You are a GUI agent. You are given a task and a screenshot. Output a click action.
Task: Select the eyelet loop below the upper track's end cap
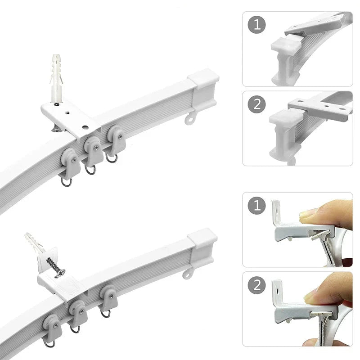point(191,119)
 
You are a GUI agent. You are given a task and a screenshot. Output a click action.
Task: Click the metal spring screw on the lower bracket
point(55,266)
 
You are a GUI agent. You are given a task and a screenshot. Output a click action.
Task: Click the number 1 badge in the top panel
point(256,25)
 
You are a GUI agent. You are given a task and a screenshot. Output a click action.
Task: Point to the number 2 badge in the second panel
point(256,104)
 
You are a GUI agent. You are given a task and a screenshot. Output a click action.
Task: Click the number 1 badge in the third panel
point(256,205)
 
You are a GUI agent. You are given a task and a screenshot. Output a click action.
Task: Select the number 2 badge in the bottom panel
point(256,285)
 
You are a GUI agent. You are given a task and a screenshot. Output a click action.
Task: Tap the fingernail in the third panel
point(305,215)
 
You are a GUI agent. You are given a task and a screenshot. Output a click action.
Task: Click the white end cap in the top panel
point(286,44)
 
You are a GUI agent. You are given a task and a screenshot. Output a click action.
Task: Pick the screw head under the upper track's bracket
point(57,129)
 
